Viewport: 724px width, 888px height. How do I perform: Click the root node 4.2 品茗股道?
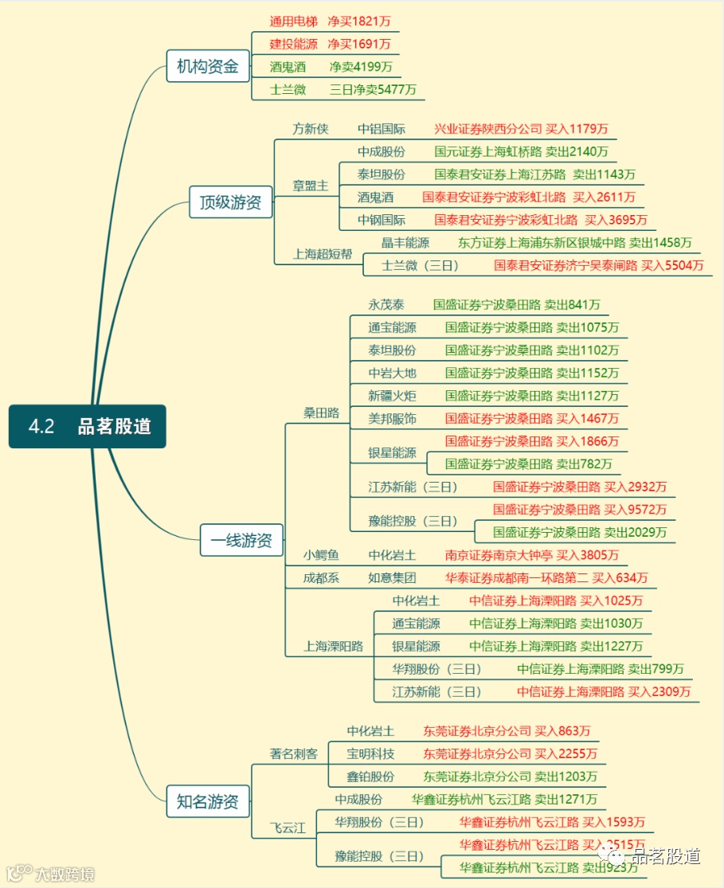pyautogui.click(x=88, y=426)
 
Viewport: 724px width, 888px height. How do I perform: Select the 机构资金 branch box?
pyautogui.click(x=207, y=67)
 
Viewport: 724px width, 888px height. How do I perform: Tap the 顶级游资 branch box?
pyautogui.click(x=230, y=202)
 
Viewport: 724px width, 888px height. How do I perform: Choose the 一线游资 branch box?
pyautogui.click(x=241, y=541)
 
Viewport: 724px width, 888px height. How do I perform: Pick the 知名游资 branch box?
pyautogui.click(x=207, y=801)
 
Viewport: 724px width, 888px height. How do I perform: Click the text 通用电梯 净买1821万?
pyautogui.click(x=329, y=22)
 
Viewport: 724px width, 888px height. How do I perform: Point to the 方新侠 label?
pyautogui.click(x=311, y=129)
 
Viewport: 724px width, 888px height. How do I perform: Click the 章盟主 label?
pyautogui.click(x=311, y=186)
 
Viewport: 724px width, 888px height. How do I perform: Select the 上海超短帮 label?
pyautogui.click(x=323, y=254)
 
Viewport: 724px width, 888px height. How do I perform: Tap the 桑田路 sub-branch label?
pyautogui.click(x=321, y=413)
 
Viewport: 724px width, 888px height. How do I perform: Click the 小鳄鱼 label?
pyautogui.click(x=321, y=555)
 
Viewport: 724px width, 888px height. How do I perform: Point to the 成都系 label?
pyautogui.click(x=321, y=577)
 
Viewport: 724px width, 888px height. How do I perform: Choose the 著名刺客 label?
pyautogui.click(x=294, y=753)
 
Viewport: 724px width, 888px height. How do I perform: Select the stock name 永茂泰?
pyautogui.click(x=386, y=304)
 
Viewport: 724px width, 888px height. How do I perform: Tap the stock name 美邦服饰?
pyautogui.click(x=392, y=418)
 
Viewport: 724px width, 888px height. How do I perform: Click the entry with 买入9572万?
pyautogui.click(x=580, y=510)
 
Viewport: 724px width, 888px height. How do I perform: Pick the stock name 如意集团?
pyautogui.click(x=392, y=577)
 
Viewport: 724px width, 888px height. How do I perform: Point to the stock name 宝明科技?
pyautogui.click(x=370, y=753)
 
